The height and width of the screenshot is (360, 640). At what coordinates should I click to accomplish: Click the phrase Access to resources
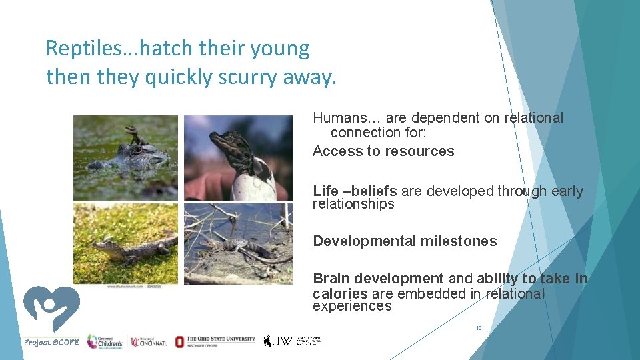(383, 151)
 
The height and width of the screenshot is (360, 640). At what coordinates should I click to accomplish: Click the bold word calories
(340, 294)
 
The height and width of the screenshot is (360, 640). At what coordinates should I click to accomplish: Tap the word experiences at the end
(352, 307)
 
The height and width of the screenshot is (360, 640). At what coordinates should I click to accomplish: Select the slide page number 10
(478, 328)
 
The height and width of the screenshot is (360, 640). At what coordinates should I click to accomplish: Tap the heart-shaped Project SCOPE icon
(51, 308)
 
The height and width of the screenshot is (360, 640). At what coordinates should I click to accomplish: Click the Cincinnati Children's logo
(105, 341)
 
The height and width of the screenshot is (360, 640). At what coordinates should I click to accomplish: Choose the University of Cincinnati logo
(149, 341)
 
